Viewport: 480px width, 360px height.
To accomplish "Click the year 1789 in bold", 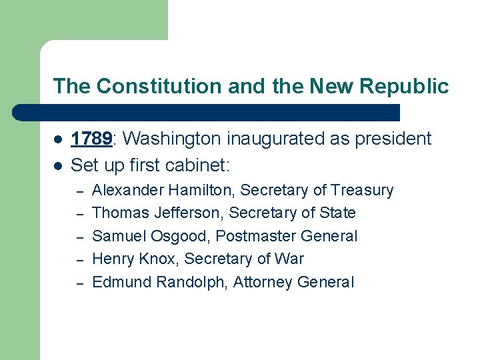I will pyautogui.click(x=91, y=139).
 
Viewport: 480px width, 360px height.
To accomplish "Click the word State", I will pyautogui.click(x=337, y=213).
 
